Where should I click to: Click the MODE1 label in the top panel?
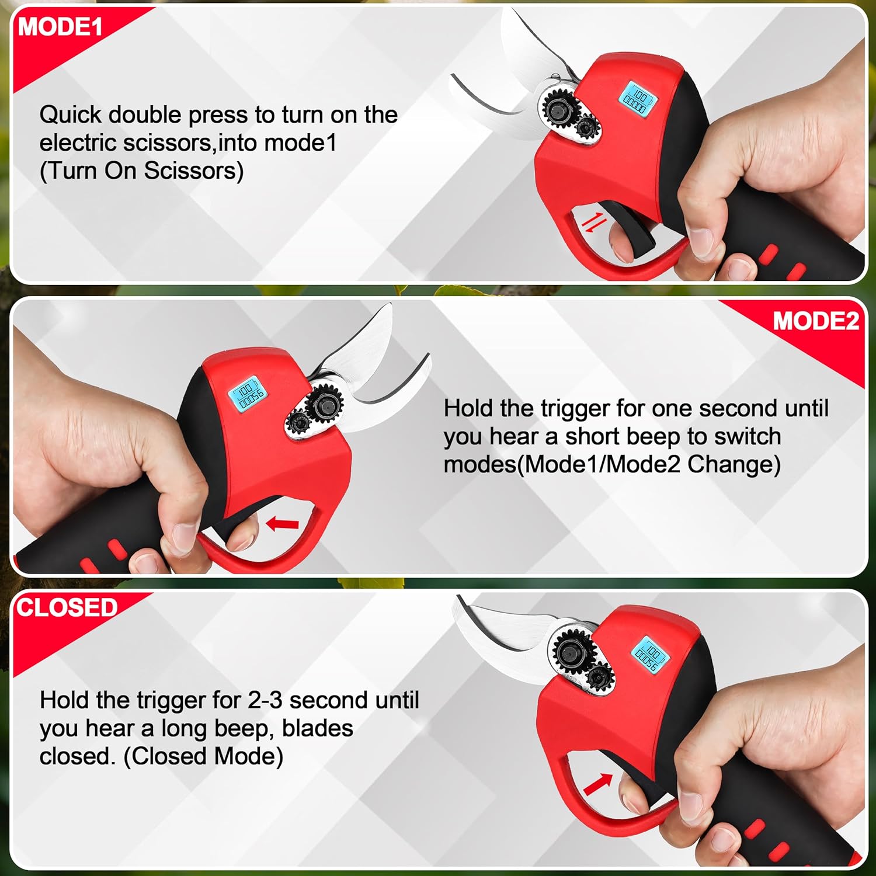pyautogui.click(x=60, y=27)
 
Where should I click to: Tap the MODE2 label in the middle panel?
pyautogui.click(x=815, y=321)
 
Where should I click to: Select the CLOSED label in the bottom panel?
pyautogui.click(x=67, y=607)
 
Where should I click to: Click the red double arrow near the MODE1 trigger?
pyautogui.click(x=591, y=223)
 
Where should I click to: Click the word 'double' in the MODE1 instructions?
pyautogui.click(x=145, y=114)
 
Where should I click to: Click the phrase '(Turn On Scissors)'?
pyautogui.click(x=141, y=171)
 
